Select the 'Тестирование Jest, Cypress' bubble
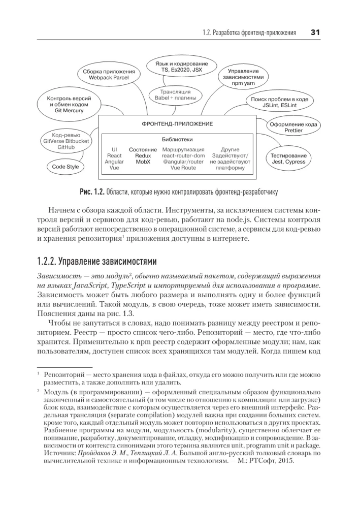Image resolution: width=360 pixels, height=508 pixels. coord(288,158)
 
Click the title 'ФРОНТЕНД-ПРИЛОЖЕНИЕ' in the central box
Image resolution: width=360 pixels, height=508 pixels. coord(177,124)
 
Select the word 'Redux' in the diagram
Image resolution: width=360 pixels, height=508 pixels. coord(143,155)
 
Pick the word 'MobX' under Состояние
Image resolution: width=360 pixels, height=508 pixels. coord(143,161)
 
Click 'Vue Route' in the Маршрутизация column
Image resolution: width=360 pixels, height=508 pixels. coord(183,167)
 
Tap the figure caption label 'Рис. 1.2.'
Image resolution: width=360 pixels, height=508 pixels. coord(91,192)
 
